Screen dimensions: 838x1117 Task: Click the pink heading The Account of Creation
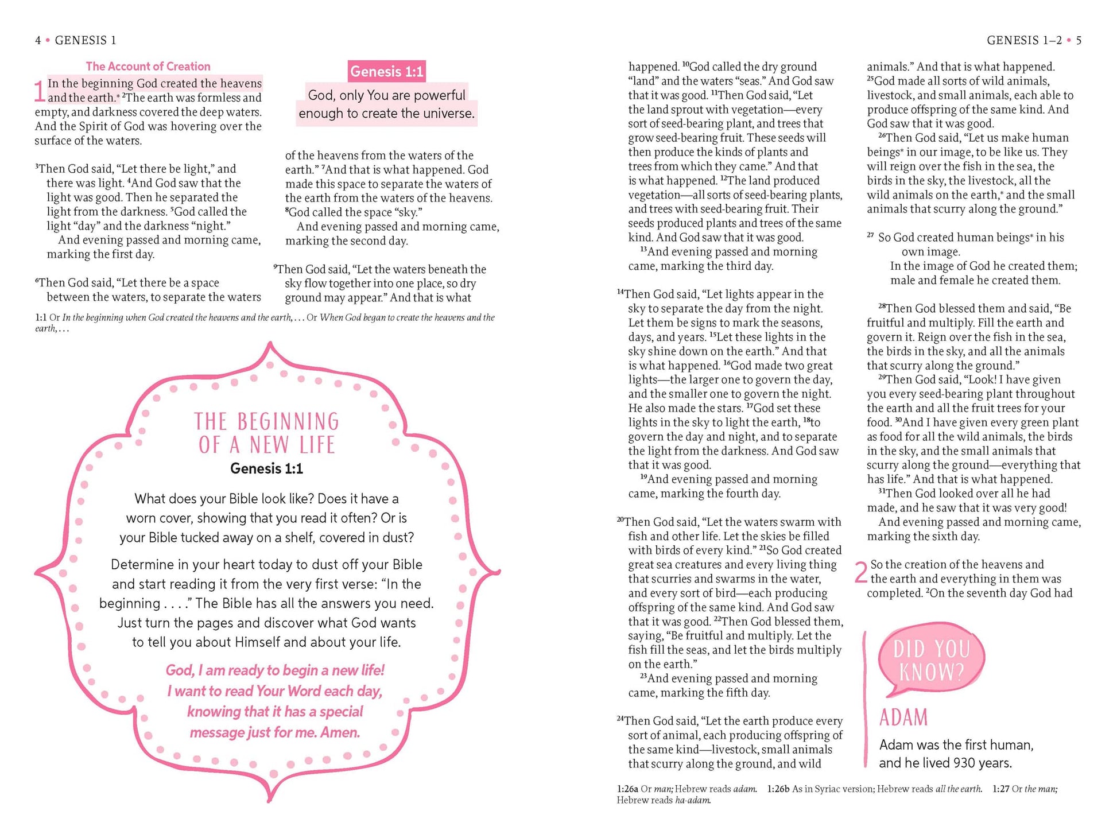click(148, 66)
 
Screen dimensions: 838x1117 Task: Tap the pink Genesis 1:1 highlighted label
click(386, 72)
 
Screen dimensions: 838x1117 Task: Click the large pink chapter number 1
click(39, 92)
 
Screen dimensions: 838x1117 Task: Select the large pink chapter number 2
click(860, 573)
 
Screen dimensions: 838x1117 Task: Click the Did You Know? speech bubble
click(930, 660)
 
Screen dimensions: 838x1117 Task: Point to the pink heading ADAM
click(903, 718)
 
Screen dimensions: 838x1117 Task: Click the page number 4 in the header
click(38, 40)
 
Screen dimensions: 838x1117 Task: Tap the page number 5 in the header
click(1079, 40)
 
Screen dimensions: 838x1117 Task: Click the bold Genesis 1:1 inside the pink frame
click(266, 468)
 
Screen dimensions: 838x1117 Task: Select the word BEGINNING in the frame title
click(288, 422)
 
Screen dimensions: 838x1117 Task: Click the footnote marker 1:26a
click(627, 789)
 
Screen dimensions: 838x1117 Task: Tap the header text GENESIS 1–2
click(1024, 40)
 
